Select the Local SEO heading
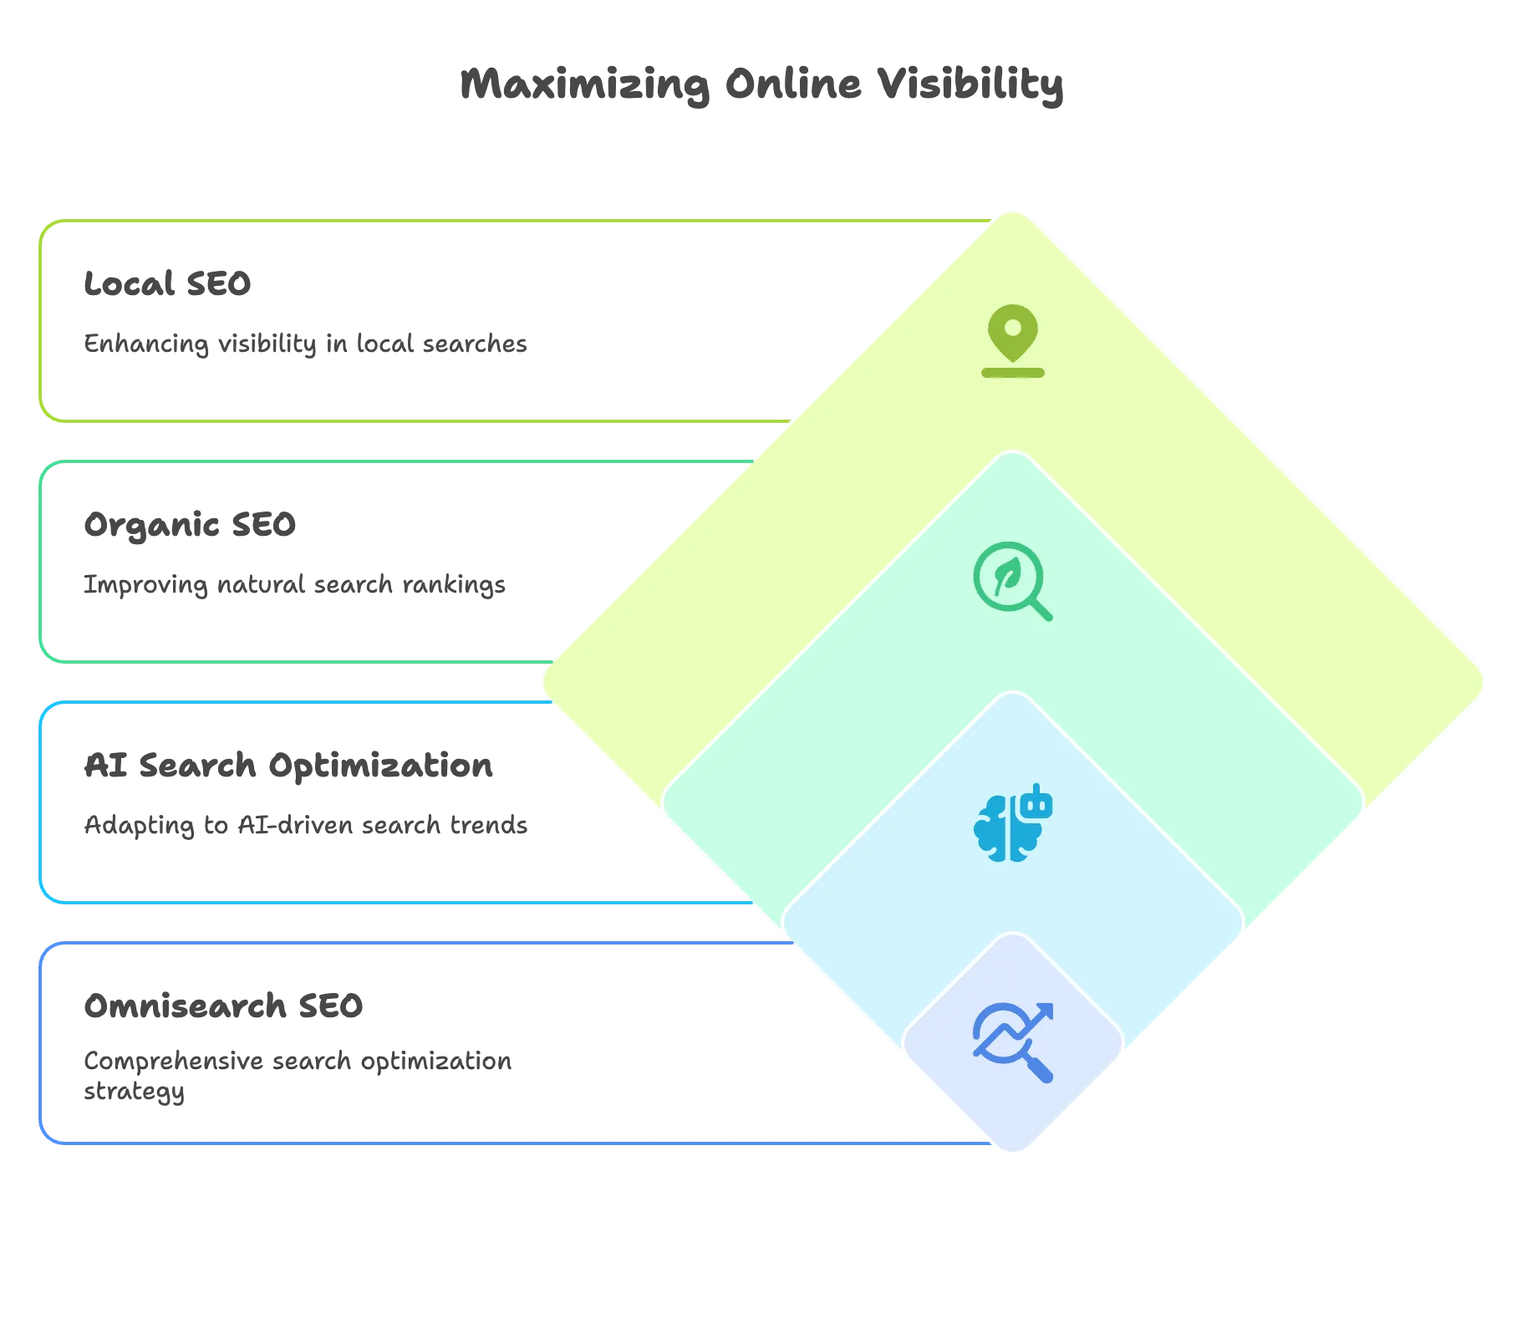(x=167, y=284)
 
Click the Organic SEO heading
(x=190, y=526)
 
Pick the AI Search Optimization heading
(x=288, y=766)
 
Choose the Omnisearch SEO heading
(x=223, y=1006)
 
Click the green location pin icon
(x=1012, y=341)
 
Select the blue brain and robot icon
(x=1012, y=822)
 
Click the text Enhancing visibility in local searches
(x=305, y=344)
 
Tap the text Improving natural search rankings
(x=294, y=585)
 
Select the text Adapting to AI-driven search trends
(x=305, y=826)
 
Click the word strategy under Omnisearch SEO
(x=134, y=1092)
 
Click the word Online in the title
(x=793, y=84)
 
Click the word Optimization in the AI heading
(x=380, y=766)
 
